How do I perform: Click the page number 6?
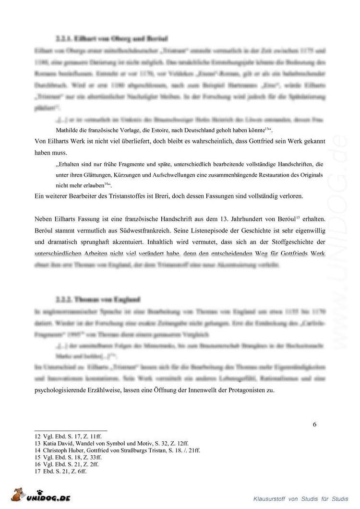pos(314,424)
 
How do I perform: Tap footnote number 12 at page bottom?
pos(38,436)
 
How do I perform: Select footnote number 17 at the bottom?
pos(38,472)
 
